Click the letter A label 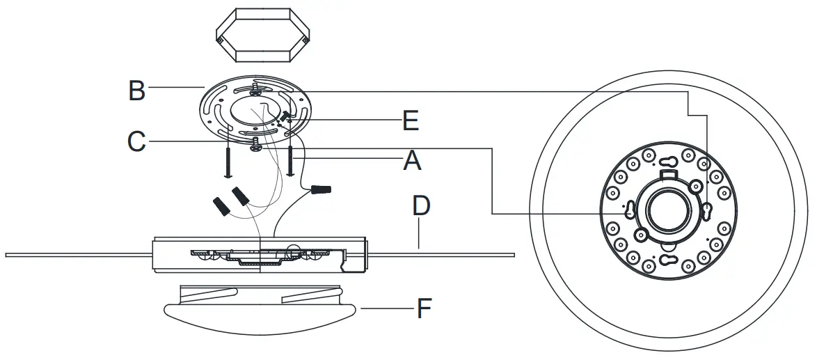coord(413,162)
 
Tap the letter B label coord(137,90)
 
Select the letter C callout coord(137,141)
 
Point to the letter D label coord(421,205)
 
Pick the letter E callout coord(411,120)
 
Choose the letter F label coord(424,308)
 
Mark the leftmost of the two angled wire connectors coord(221,205)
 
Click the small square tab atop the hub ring coord(669,164)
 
